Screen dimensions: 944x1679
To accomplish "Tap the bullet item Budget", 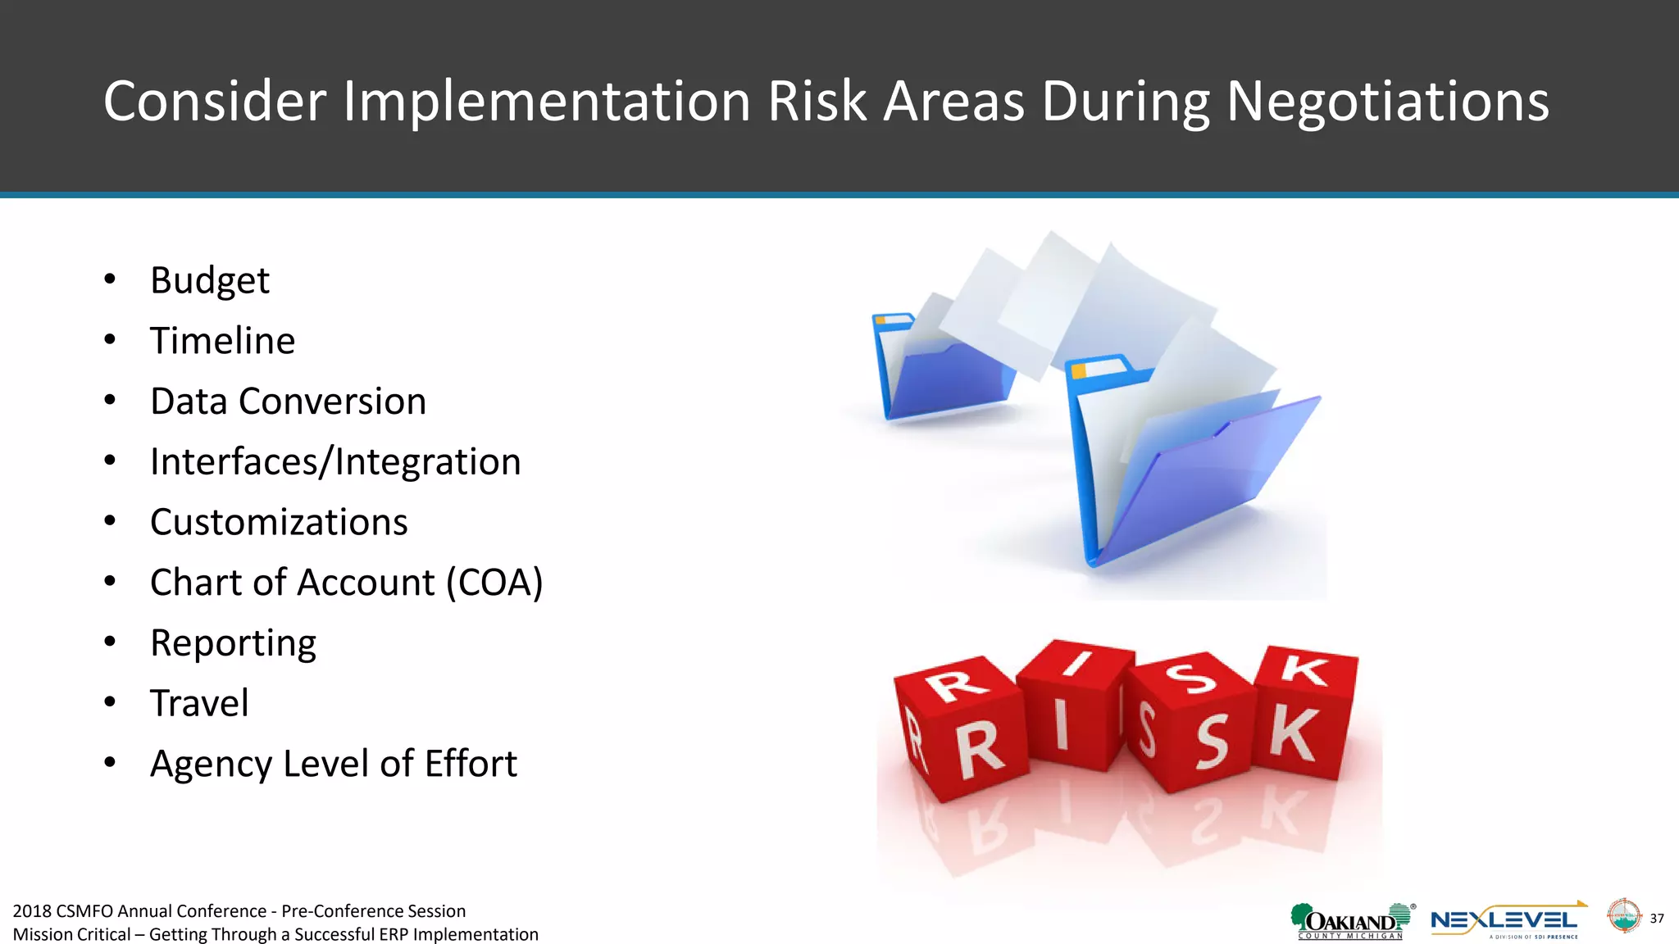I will coord(210,281).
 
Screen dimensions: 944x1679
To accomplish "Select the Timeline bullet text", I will coord(222,341).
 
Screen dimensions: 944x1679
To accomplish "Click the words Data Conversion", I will coord(288,402).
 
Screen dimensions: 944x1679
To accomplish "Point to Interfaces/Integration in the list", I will coord(335,462).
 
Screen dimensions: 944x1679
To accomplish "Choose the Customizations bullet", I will coord(279,523).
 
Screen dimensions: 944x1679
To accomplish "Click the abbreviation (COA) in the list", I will coord(494,583).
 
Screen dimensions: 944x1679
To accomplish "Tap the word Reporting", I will coord(233,643).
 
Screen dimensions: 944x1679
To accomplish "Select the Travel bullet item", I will coord(199,703).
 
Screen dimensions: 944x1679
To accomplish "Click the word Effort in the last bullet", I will coord(471,764).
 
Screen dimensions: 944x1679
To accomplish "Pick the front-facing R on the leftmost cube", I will coord(980,750).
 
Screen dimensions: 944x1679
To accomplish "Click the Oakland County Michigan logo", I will coord(1351,921).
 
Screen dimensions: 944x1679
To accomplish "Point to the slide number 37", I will coord(1657,919).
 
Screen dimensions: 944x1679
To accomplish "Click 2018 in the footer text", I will coord(32,911).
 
